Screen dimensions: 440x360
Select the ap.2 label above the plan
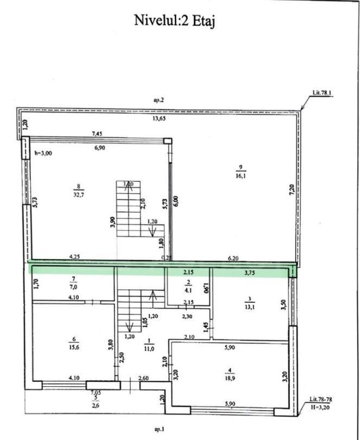(159, 100)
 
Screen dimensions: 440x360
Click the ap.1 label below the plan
(159, 429)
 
